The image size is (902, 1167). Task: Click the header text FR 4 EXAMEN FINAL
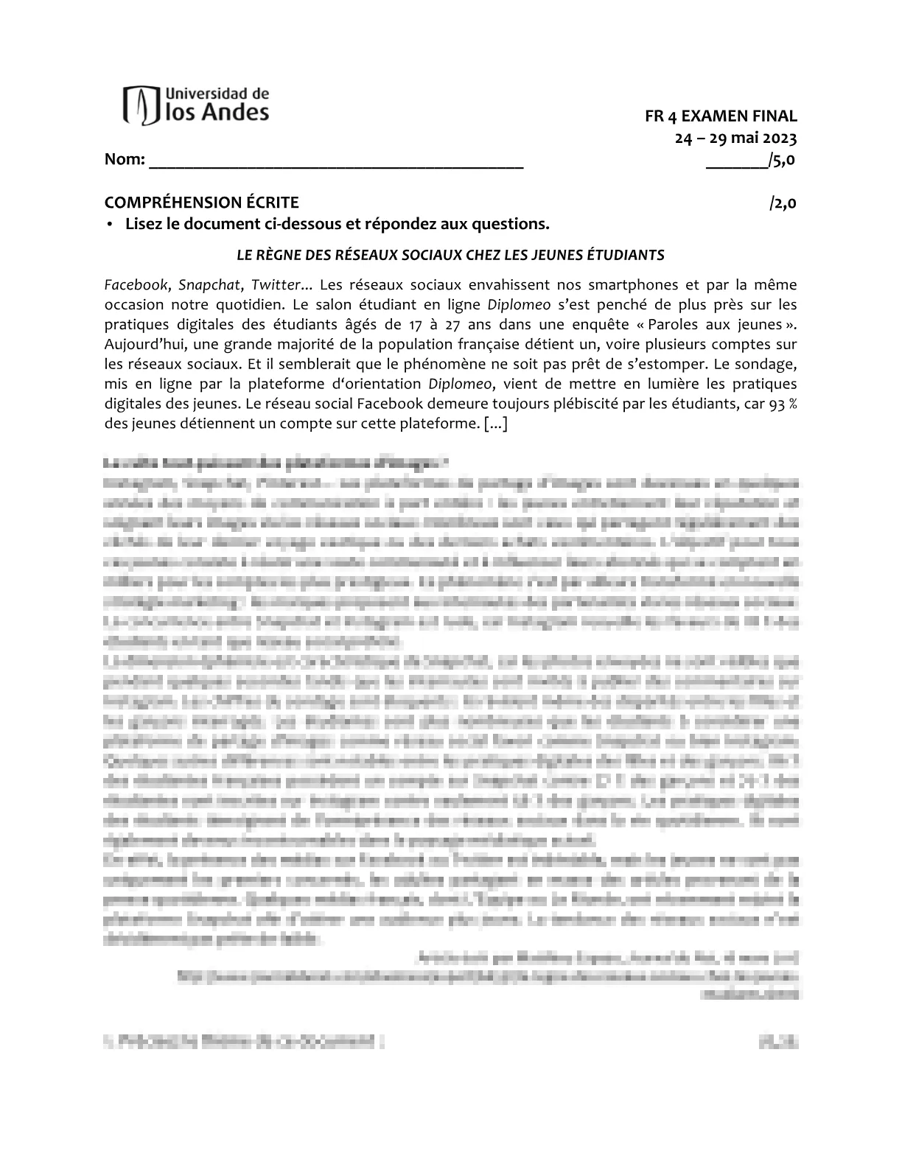720,116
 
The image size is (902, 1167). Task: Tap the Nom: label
125,159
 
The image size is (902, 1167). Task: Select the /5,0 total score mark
781,159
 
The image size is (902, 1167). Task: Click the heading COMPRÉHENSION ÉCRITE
201,203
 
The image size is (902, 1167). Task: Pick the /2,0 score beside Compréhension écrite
783,203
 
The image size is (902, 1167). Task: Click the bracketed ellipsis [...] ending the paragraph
495,424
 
